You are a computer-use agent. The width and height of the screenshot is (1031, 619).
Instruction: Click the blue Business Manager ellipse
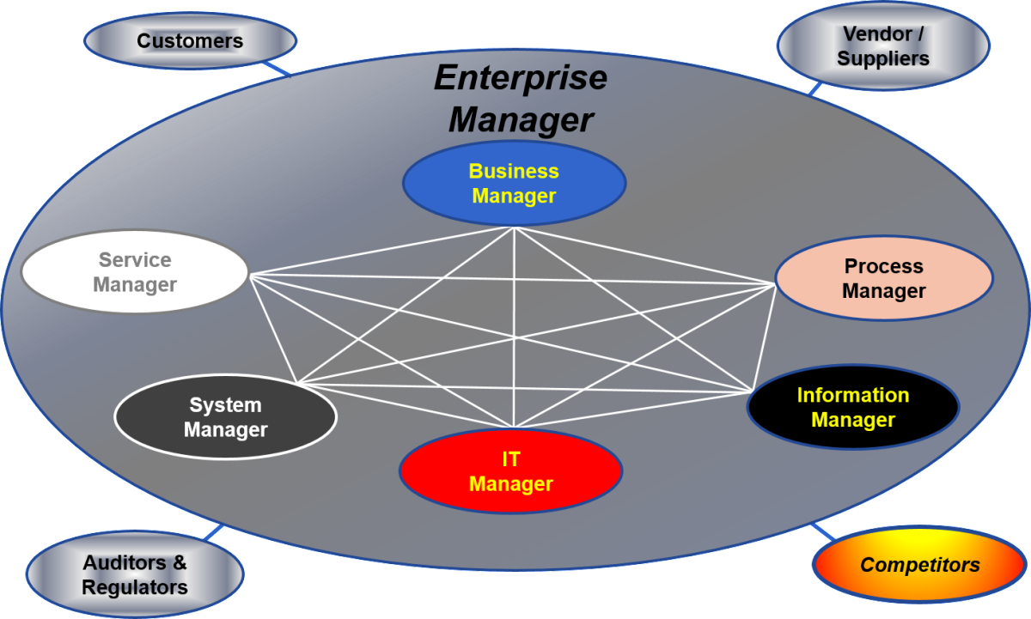(514, 184)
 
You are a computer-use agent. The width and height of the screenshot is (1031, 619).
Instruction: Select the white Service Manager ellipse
(135, 272)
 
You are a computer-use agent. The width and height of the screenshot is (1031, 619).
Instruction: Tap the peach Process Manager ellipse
(884, 278)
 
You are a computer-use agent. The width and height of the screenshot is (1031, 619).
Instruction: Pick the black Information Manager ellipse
(853, 407)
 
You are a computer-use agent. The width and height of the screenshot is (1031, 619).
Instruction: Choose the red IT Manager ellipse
(511, 471)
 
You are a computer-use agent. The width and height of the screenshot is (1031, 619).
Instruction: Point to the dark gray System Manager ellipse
(225, 417)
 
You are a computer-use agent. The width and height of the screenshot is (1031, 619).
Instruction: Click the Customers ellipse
(190, 41)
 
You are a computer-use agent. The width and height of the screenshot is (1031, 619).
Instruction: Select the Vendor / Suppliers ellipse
(883, 46)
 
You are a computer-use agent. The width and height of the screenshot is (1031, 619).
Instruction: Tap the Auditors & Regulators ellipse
(135, 575)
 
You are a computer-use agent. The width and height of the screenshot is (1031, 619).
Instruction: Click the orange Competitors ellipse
(920, 565)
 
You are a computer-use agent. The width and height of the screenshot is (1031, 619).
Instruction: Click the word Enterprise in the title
(521, 77)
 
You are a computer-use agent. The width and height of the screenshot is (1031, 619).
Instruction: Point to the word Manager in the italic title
(521, 119)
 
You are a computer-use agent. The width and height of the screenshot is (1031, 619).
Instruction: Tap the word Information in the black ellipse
(853, 395)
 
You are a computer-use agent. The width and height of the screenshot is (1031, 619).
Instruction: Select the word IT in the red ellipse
(511, 459)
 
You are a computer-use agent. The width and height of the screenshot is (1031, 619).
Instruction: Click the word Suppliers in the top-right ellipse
(883, 58)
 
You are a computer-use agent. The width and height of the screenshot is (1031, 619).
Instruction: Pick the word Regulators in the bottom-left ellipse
(135, 587)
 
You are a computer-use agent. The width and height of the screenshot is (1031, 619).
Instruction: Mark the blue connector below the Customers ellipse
(277, 69)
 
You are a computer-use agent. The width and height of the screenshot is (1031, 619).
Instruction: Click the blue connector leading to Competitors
(823, 531)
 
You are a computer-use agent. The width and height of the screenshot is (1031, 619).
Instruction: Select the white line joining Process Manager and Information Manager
(764, 338)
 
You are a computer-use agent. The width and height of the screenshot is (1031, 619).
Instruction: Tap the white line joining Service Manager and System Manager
(274, 328)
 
